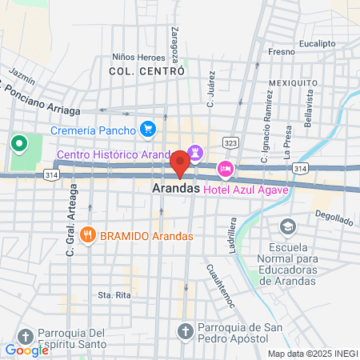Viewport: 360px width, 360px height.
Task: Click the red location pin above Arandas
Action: click(180, 164)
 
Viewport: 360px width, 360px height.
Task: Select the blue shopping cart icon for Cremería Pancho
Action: click(147, 128)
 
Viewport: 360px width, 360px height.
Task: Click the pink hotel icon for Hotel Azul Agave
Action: click(226, 169)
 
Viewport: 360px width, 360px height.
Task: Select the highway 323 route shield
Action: click(230, 142)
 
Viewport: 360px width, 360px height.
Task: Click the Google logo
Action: click(26, 350)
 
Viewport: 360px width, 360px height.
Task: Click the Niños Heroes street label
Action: click(138, 58)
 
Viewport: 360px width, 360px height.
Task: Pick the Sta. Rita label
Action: click(114, 295)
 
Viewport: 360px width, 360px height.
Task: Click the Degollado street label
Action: click(334, 217)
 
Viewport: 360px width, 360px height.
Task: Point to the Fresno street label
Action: click(282, 52)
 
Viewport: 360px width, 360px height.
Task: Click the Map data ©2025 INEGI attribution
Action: click(312, 353)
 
